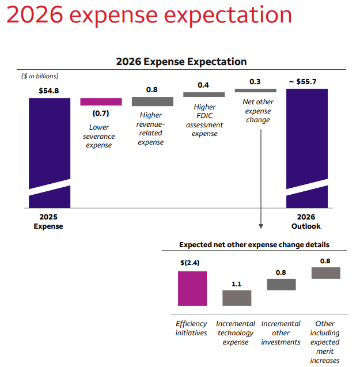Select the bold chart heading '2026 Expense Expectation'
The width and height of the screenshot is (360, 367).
[x=181, y=62]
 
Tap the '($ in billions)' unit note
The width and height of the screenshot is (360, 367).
[x=40, y=75]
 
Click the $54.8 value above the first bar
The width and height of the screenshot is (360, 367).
[x=49, y=90]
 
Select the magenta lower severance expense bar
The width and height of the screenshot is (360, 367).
[x=101, y=101]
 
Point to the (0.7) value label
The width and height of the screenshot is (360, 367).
[x=101, y=113]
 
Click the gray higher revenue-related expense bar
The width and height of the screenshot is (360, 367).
[x=153, y=101]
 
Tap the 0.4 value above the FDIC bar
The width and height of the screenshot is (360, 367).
[x=203, y=85]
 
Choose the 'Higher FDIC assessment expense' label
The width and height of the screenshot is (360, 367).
[x=204, y=120]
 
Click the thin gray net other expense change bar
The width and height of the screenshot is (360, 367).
[x=256, y=90]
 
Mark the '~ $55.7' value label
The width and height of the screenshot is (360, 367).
[x=307, y=82]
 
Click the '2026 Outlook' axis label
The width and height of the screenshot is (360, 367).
[x=306, y=222]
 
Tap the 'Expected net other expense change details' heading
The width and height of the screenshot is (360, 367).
[x=254, y=245]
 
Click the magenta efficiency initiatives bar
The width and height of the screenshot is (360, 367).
[x=192, y=288]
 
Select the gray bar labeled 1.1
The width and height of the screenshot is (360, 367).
[x=237, y=298]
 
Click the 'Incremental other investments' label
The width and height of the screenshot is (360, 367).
[x=281, y=333]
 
